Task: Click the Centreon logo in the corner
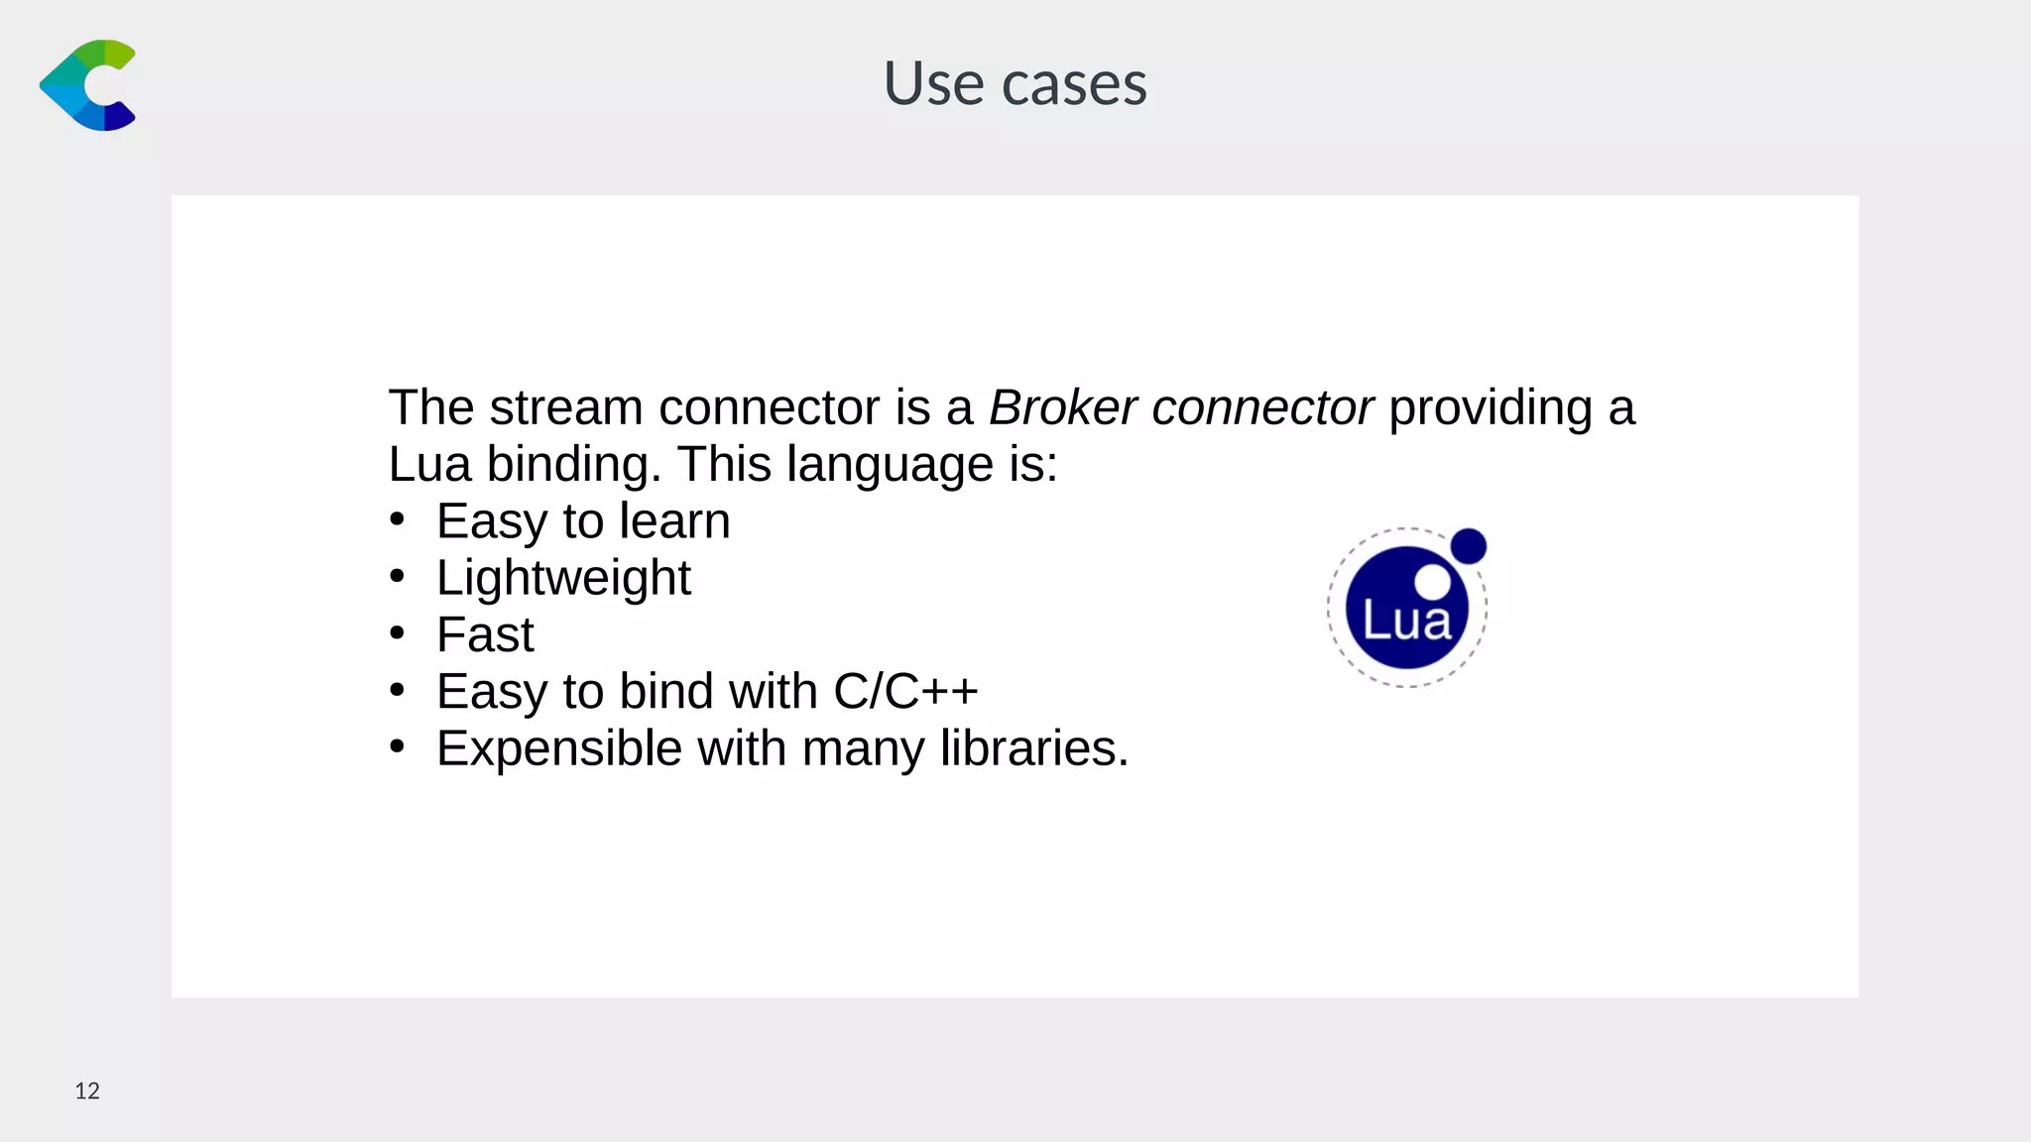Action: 87,85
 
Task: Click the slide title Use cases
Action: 1015,83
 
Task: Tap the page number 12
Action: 87,1091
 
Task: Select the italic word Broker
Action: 1062,407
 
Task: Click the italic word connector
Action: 1261,407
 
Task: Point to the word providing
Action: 1490,407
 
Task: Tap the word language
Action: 890,465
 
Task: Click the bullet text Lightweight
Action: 563,578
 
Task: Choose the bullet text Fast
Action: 485,634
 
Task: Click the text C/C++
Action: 905,691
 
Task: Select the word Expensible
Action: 558,748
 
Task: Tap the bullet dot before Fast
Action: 398,632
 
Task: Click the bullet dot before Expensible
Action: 398,745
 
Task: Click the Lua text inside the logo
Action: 1406,622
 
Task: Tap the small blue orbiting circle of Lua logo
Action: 1468,546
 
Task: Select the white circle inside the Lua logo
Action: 1432,582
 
